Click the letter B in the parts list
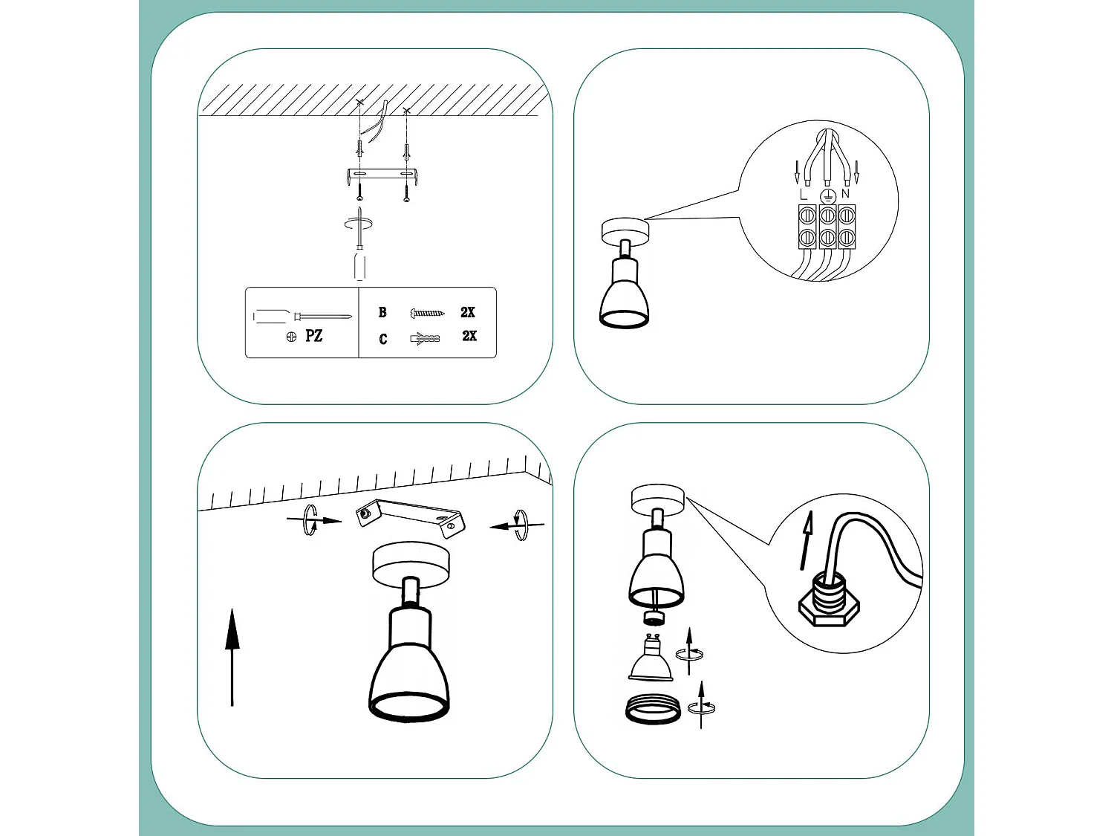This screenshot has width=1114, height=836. click(x=382, y=312)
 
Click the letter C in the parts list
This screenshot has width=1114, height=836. click(x=383, y=339)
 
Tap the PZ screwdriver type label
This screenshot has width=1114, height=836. click(x=313, y=336)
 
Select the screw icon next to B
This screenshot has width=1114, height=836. click(x=427, y=313)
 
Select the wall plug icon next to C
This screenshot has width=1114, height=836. click(x=425, y=338)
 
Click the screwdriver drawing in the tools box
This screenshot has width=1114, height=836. click(x=301, y=317)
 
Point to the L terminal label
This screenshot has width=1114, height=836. click(x=803, y=195)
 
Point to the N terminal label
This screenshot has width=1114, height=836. click(x=845, y=194)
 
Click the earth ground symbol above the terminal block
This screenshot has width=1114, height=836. click(x=827, y=196)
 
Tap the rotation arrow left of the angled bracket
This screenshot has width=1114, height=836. click(x=313, y=520)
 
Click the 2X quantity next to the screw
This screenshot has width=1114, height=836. click(x=468, y=312)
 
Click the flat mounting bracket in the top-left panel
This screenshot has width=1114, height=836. click(x=382, y=177)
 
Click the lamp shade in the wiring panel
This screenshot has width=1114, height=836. click(x=624, y=297)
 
